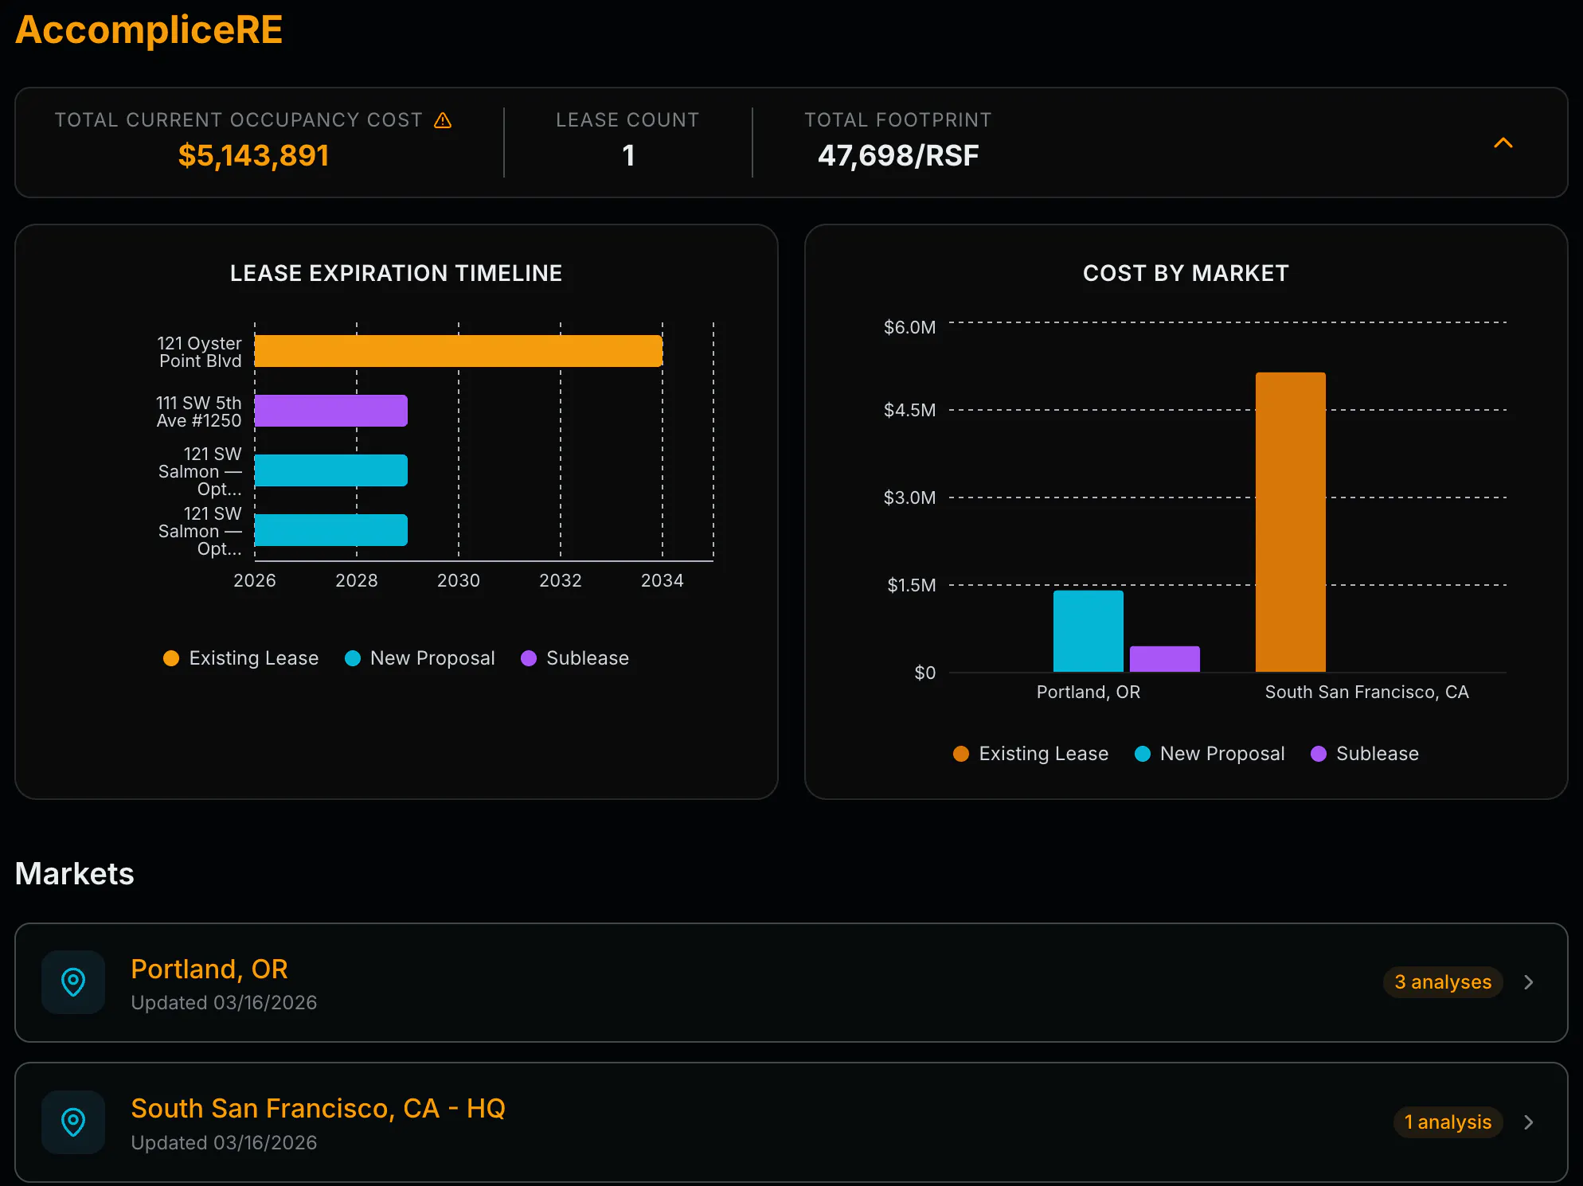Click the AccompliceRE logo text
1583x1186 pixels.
[149, 30]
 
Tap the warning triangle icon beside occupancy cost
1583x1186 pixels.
[443, 120]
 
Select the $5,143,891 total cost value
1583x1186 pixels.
[253, 155]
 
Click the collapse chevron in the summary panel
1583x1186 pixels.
[1503, 142]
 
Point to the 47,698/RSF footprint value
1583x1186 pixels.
[898, 155]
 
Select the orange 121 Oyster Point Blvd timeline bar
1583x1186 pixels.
[459, 351]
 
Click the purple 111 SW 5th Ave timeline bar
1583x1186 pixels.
[331, 411]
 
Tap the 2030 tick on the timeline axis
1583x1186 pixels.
[459, 580]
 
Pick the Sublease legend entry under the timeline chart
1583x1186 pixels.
[575, 658]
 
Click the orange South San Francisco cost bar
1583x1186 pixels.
[1291, 522]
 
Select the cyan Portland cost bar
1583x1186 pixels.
[1089, 631]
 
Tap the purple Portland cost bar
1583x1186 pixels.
[1165, 659]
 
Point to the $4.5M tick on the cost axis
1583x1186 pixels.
[910, 410]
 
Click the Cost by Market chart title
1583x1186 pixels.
[1186, 273]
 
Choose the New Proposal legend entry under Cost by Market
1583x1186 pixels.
[1210, 754]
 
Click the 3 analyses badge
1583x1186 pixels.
[1443, 982]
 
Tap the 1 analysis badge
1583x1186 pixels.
[1448, 1122]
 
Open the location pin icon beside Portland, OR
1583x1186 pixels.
[73, 982]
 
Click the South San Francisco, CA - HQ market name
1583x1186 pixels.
[319, 1108]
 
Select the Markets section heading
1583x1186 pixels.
[75, 874]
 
